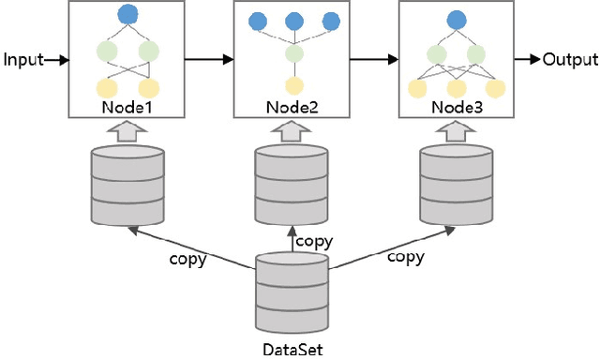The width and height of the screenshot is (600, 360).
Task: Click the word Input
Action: (23, 60)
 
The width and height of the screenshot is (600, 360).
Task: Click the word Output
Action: (570, 60)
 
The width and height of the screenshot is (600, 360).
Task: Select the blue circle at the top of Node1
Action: (127, 16)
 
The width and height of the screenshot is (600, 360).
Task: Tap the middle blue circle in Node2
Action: (292, 21)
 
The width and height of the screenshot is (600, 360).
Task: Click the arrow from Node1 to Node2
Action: (208, 60)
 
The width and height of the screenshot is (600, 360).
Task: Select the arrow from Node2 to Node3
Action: (374, 60)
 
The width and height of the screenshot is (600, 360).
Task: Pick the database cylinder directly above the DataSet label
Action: (292, 292)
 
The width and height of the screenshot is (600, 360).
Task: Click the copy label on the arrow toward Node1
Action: (187, 259)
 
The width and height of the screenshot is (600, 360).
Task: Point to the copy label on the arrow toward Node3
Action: (405, 256)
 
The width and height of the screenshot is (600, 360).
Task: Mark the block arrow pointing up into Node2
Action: (292, 132)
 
